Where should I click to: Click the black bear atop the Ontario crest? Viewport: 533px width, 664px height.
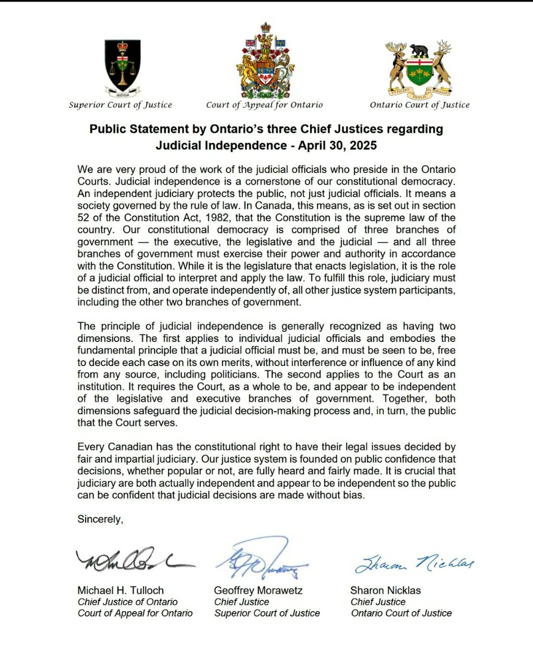pyautogui.click(x=419, y=50)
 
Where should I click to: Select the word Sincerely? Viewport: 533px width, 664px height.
pyautogui.click(x=100, y=519)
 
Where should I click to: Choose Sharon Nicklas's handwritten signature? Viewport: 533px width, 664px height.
pyautogui.click(x=414, y=563)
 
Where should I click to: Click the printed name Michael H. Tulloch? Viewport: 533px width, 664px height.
pyautogui.click(x=121, y=590)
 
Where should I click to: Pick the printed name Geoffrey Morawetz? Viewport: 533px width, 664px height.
pyautogui.click(x=258, y=590)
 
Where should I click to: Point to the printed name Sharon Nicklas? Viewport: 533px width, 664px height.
pyautogui.click(x=385, y=590)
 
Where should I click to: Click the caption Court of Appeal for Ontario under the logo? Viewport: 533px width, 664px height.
pyautogui.click(x=264, y=105)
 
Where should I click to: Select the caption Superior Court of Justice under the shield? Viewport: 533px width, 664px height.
pyautogui.click(x=120, y=105)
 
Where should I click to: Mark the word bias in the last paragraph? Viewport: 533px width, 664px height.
pyautogui.click(x=354, y=495)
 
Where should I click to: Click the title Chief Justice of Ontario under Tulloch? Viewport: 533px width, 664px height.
pyautogui.click(x=127, y=602)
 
